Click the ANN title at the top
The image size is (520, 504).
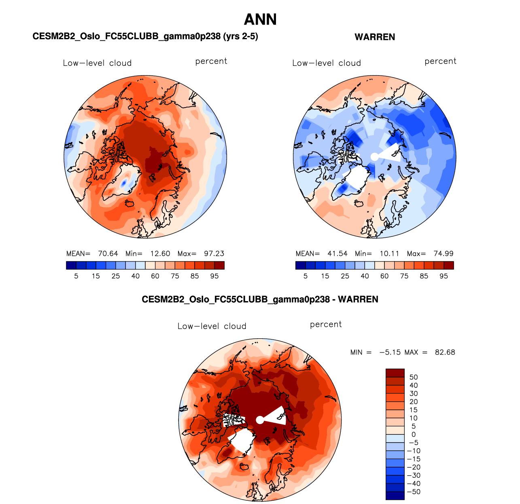point(260,19)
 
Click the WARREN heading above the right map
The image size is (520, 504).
point(375,37)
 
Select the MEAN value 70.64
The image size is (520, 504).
point(108,254)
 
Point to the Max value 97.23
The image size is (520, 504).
point(214,254)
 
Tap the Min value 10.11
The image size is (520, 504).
point(389,254)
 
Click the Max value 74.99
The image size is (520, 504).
point(443,254)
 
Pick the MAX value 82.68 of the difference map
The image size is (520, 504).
point(445,352)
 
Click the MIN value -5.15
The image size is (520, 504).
point(390,352)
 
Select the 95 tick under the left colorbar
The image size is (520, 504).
point(214,276)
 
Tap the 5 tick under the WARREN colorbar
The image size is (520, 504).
point(306,276)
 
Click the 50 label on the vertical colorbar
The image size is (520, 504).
point(414,377)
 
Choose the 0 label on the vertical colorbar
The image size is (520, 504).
point(414,434)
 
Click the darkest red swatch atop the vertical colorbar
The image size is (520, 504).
point(395,373)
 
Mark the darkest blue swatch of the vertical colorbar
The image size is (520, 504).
point(395,496)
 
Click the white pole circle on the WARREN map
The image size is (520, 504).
point(375,157)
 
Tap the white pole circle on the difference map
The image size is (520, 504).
point(260,420)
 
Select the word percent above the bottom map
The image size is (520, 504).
point(326,325)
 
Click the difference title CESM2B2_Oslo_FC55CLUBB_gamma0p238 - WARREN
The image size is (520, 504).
point(260,299)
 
